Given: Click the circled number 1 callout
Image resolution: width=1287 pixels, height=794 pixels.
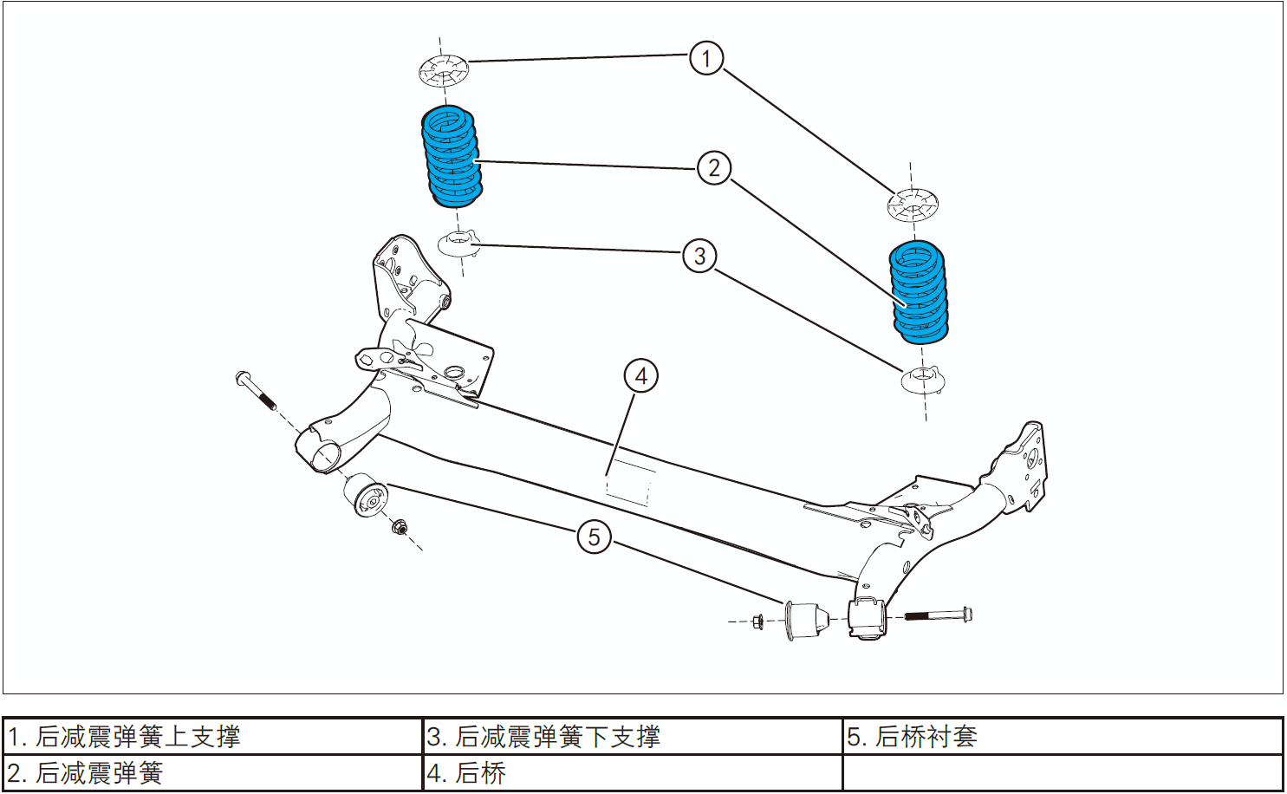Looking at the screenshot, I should point(706,58).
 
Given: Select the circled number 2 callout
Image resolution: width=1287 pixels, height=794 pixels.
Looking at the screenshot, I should point(714,167).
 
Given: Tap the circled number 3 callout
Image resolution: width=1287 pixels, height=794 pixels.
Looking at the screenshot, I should point(699,256).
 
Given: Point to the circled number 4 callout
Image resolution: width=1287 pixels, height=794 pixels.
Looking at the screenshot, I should point(641,376).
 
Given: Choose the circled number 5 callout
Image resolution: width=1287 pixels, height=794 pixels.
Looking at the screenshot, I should point(594,537).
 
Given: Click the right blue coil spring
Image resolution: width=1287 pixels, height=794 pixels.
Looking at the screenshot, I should point(919,292).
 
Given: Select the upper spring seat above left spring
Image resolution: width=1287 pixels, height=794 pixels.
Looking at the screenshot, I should point(444,69).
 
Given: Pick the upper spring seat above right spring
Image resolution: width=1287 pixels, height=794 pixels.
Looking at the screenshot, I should point(912,205).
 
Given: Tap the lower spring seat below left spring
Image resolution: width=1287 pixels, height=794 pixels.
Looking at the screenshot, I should point(458,244).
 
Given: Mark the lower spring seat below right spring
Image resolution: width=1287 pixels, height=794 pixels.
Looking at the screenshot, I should point(922,380).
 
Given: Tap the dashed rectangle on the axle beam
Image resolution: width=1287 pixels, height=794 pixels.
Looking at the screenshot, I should point(630,482).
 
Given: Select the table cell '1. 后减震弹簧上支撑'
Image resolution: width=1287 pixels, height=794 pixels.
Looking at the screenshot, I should point(212,737).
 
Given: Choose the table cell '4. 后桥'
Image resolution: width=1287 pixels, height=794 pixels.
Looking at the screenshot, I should point(632,773).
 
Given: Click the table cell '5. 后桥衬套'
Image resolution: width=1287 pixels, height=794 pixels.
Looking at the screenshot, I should point(1062,737).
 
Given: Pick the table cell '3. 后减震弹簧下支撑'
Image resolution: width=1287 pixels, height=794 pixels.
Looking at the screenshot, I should point(632,737).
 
